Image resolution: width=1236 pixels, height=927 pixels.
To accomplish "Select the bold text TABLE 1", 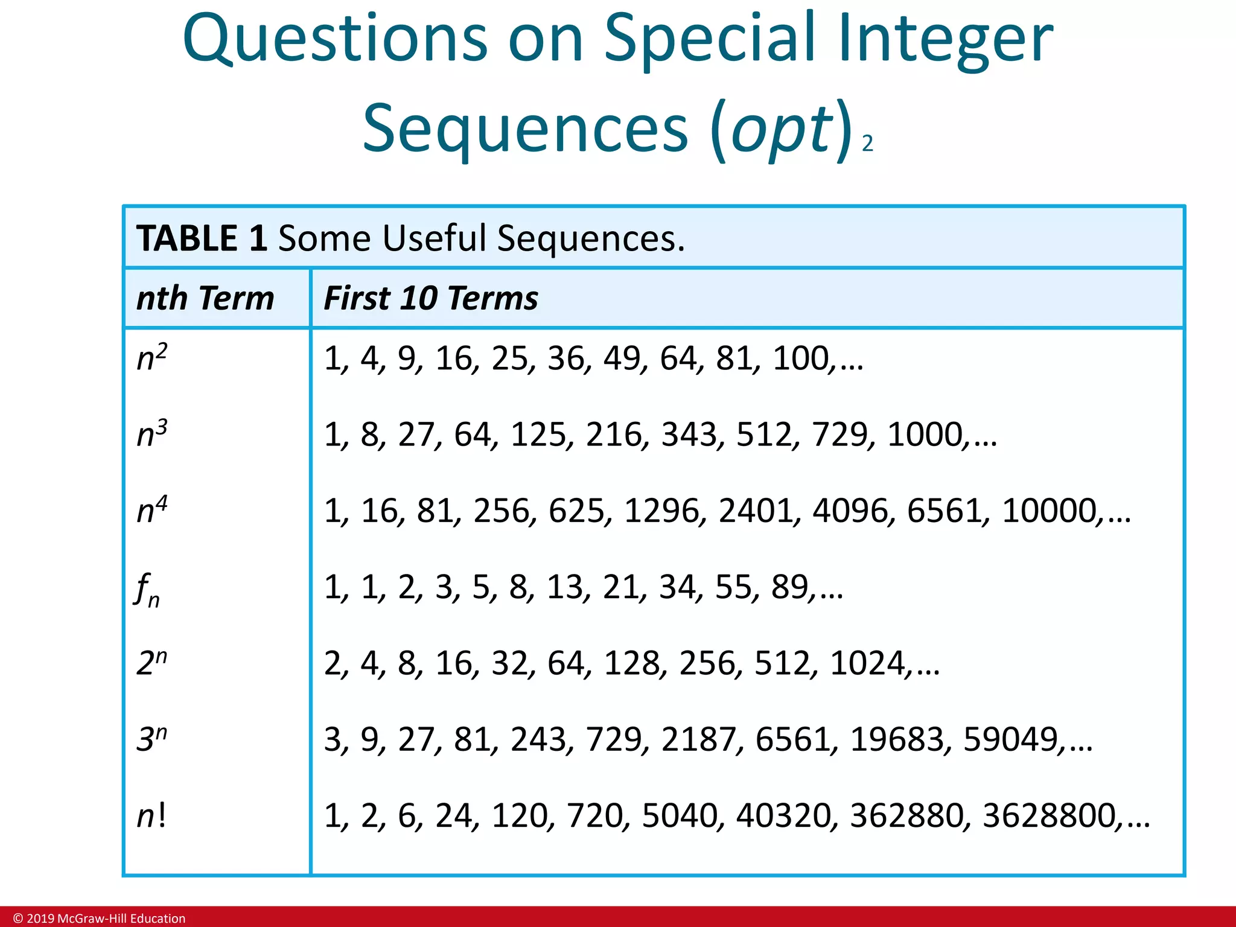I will click(202, 238).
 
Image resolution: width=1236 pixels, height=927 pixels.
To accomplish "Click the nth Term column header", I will click(205, 298).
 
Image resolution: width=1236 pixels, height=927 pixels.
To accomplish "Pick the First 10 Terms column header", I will click(430, 298).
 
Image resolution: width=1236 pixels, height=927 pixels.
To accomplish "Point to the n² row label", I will click(151, 357).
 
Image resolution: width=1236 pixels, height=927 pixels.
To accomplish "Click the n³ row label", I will click(151, 433).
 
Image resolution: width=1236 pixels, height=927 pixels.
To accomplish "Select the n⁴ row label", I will click(151, 509).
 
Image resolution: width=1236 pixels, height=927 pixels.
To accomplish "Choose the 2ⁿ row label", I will click(151, 663).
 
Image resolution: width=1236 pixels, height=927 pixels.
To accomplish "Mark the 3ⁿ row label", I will click(151, 739).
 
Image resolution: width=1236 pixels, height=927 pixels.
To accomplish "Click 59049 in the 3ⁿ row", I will click(1010, 739).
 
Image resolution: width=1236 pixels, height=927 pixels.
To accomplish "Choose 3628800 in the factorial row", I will click(1048, 816).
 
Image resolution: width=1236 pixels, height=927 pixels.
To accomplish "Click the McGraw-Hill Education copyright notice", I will click(100, 919).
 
